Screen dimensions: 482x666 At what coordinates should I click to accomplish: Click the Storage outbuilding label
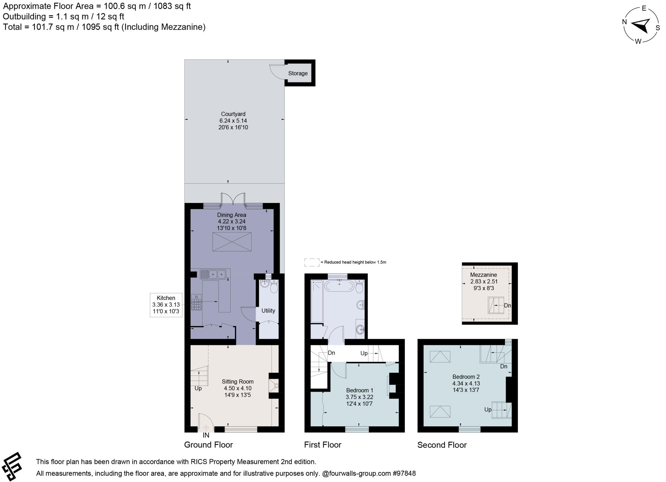click(x=298, y=73)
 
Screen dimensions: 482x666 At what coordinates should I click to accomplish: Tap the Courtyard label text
click(x=233, y=114)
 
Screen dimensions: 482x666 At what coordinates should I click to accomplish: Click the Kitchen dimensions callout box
click(x=166, y=305)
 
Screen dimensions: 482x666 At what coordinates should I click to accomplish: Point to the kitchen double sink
click(x=213, y=275)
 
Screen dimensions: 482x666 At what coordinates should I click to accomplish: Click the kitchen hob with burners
click(x=196, y=302)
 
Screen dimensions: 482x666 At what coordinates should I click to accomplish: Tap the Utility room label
click(x=268, y=311)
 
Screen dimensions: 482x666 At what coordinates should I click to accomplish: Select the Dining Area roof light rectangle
click(x=232, y=242)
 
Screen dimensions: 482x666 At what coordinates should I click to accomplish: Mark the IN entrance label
click(x=206, y=435)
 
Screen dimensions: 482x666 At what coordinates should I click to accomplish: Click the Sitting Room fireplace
click(x=274, y=386)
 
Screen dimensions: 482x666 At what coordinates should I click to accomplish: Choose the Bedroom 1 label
click(x=359, y=390)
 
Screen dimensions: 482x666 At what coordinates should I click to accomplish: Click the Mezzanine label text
click(x=484, y=275)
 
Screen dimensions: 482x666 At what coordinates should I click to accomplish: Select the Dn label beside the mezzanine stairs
click(x=507, y=305)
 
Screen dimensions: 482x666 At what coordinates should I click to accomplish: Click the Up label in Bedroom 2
click(x=487, y=410)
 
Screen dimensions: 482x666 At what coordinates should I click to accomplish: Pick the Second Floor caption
click(x=442, y=445)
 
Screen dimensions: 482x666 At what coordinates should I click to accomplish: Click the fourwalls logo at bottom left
click(x=12, y=466)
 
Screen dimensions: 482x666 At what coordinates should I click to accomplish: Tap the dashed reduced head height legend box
click(x=312, y=262)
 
